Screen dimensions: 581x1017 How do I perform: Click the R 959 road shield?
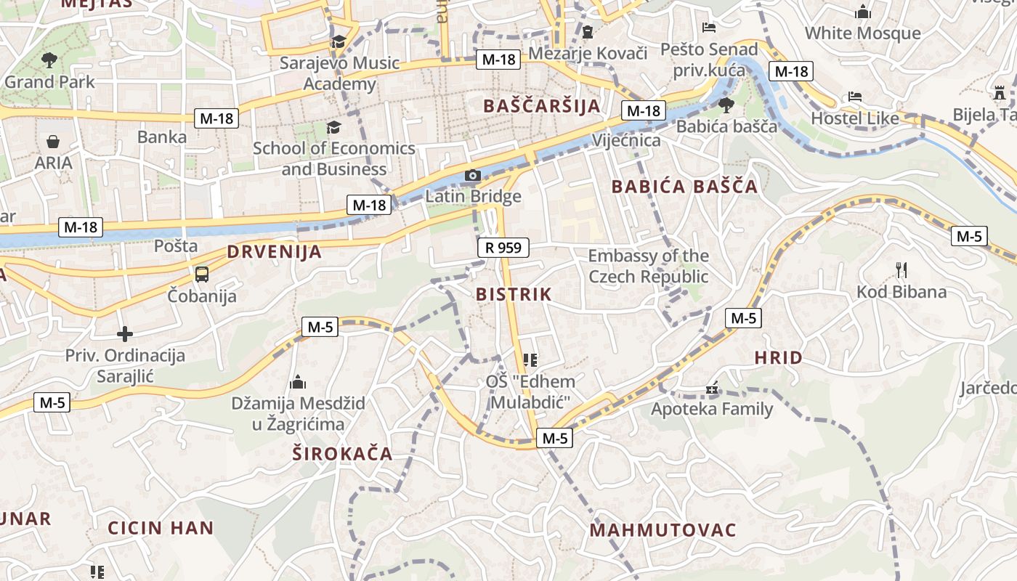pyautogui.click(x=503, y=248)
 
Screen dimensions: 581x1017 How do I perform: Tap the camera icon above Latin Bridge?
pyautogui.click(x=473, y=175)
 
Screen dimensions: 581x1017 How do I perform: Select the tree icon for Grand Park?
pyautogui.click(x=49, y=60)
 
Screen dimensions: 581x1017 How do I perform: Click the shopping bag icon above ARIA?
pyautogui.click(x=53, y=141)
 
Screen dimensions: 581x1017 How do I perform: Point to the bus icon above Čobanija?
pyautogui.click(x=202, y=275)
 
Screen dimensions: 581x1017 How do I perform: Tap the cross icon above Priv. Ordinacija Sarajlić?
pyautogui.click(x=125, y=334)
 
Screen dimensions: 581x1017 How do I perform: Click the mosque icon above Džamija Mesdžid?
pyautogui.click(x=298, y=382)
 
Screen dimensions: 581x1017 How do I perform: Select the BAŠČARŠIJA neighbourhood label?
pyautogui.click(x=543, y=106)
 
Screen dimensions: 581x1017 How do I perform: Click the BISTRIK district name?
pyautogui.click(x=514, y=294)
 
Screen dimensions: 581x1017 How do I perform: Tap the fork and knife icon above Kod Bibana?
pyautogui.click(x=901, y=270)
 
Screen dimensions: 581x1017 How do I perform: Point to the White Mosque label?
pyautogui.click(x=862, y=33)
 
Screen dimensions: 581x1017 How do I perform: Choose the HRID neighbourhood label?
pyautogui.click(x=778, y=357)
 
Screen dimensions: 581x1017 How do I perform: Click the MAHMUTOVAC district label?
pyautogui.click(x=663, y=530)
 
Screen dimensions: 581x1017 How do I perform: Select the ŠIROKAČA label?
pyautogui.click(x=342, y=454)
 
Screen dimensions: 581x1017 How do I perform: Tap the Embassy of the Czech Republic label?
pyautogui.click(x=648, y=266)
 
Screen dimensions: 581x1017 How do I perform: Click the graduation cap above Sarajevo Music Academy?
pyautogui.click(x=339, y=41)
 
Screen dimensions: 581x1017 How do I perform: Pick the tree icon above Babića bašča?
pyautogui.click(x=726, y=105)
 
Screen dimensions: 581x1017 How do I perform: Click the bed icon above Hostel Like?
pyautogui.click(x=855, y=97)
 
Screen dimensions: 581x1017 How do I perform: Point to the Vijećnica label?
pyautogui.click(x=626, y=140)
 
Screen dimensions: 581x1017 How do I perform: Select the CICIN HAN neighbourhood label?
pyautogui.click(x=161, y=527)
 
